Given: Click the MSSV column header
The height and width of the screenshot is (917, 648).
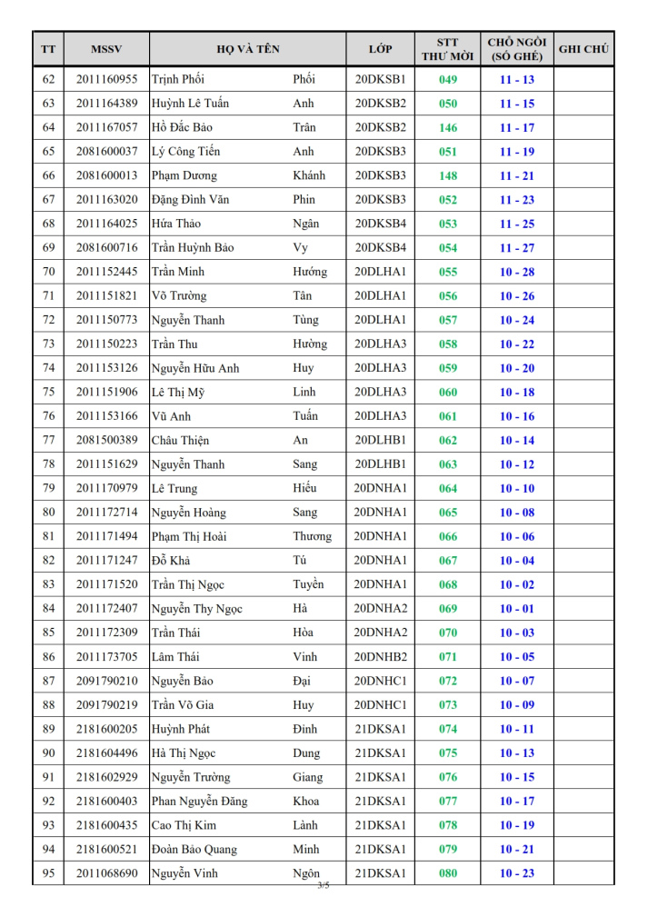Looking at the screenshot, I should [106, 49].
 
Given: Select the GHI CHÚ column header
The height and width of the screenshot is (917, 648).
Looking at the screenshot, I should [583, 49].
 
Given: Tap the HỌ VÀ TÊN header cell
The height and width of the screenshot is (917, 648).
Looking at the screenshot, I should [247, 49].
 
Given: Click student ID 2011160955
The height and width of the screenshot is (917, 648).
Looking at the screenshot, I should [106, 80].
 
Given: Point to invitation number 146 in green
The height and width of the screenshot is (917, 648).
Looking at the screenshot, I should [448, 128].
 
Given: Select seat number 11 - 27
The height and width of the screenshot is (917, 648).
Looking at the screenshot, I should [517, 248].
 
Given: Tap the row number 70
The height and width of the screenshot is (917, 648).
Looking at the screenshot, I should [48, 272].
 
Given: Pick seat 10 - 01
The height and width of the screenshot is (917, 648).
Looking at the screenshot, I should [517, 609].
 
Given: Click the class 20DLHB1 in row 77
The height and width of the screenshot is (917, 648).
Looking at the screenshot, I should [380, 440].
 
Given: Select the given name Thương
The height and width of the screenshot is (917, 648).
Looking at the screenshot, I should [312, 536].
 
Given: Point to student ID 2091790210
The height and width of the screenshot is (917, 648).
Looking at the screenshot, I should [106, 681].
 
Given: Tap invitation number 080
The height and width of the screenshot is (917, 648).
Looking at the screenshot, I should [448, 873].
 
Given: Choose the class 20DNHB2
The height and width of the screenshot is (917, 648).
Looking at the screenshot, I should [380, 657].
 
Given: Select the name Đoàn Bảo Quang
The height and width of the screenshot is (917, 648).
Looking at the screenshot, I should [194, 850].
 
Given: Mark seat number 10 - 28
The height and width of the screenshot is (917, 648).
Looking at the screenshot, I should [517, 272].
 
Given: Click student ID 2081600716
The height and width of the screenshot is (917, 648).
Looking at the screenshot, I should [106, 248].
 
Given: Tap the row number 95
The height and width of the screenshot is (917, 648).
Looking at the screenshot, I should [48, 873].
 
